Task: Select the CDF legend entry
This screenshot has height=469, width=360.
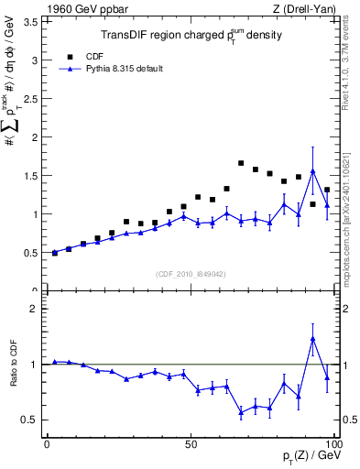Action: (x=94, y=55)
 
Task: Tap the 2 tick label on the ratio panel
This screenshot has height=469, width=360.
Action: (x=34, y=309)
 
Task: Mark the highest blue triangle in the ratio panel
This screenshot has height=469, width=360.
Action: (x=313, y=339)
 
